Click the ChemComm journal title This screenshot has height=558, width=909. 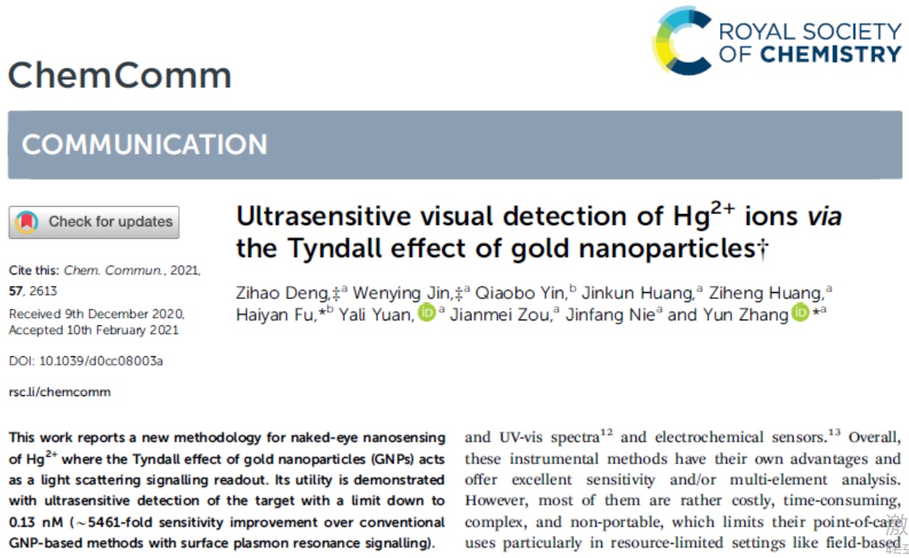[119, 76]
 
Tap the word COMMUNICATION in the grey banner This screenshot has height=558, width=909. [144, 144]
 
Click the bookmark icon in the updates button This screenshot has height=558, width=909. [27, 222]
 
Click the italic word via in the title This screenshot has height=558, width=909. [824, 217]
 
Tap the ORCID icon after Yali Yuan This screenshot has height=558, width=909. [426, 313]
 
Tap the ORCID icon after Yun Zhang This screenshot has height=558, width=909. [800, 313]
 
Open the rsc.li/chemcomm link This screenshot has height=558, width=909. [60, 392]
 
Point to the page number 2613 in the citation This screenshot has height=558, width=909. [44, 291]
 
